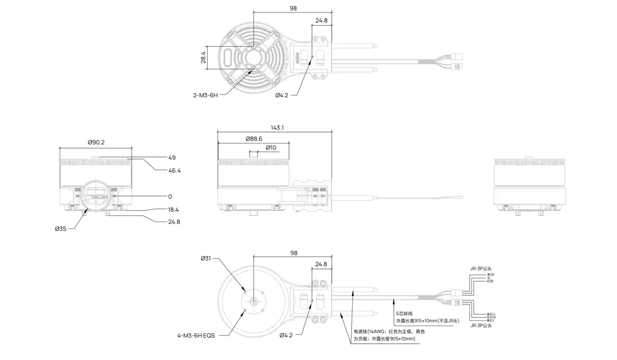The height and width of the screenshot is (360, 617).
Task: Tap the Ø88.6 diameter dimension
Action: [254, 139]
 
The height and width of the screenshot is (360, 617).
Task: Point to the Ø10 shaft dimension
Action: [271, 148]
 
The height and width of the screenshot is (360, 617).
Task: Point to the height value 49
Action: [172, 157]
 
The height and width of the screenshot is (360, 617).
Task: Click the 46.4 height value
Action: [174, 170]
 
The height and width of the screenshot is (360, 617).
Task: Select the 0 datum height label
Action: [170, 196]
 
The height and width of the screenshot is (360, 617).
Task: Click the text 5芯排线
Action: [404, 313]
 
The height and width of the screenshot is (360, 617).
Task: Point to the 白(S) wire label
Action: [490, 281]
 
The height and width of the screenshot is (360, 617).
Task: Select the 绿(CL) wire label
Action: [491, 314]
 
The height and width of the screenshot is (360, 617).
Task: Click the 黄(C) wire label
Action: [490, 320]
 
